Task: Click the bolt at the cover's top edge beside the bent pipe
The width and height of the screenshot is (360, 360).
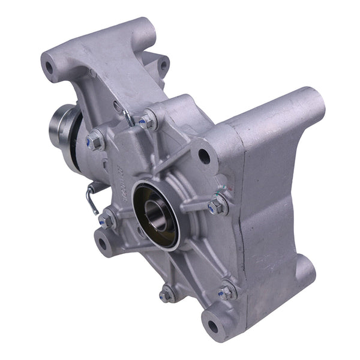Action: click(x=146, y=122)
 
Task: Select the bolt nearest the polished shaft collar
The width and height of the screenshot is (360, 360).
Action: click(x=95, y=142)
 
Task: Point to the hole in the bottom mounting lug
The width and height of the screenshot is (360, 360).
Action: click(x=212, y=328)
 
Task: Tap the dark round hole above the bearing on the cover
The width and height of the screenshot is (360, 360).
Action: click(x=204, y=157)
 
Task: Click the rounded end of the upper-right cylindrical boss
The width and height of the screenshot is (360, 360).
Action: click(x=313, y=102)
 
